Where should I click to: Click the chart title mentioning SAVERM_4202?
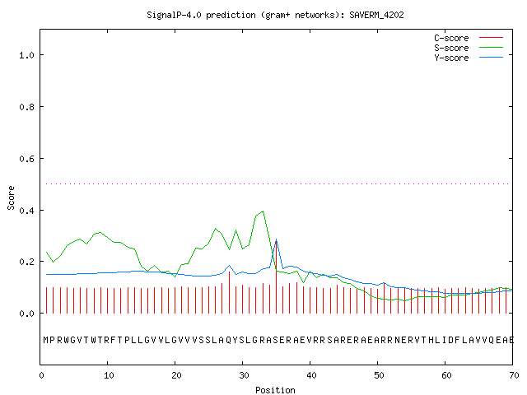tap(275, 15)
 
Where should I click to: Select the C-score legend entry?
tap(469, 38)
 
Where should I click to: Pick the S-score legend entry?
tap(469, 48)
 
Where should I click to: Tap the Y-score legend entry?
tap(469, 58)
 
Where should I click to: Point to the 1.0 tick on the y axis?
tap(27, 55)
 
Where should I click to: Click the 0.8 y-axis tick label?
tap(27, 107)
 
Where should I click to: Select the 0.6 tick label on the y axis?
tap(27, 159)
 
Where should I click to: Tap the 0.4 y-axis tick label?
tap(27, 211)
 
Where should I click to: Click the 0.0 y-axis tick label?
tap(27, 314)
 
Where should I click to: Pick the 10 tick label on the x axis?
tap(109, 375)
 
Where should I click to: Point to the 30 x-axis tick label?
tap(244, 375)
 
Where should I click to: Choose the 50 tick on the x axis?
tap(379, 375)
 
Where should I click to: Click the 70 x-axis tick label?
tap(514, 375)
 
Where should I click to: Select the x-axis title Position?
tap(275, 390)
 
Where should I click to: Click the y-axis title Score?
tap(11, 197)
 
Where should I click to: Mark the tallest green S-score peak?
tap(263, 211)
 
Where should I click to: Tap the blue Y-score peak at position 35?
tap(277, 239)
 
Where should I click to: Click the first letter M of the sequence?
tap(46, 340)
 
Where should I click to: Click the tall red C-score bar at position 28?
tap(229, 292)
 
